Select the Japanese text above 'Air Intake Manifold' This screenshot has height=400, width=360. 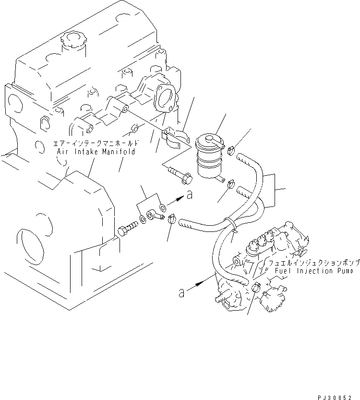pyautogui.click(x=96, y=143)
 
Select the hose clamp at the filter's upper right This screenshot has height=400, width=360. pyautogui.click(x=230, y=150)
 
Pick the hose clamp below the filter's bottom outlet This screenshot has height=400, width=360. pyautogui.click(x=230, y=183)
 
